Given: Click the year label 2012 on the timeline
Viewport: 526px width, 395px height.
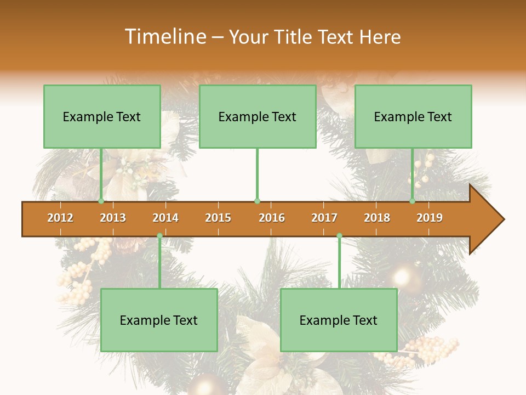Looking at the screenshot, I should click(60, 218).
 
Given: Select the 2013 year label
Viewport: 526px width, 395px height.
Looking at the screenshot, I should click(113, 218).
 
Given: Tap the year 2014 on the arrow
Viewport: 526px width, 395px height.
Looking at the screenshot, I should click(165, 218).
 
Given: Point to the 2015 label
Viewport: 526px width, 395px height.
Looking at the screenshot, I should click(218, 218).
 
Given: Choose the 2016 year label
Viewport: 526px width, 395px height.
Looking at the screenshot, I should click(272, 218).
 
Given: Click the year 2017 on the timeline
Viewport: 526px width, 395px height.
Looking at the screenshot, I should click(324, 218).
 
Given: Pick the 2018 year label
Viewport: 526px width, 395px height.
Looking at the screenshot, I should click(377, 218).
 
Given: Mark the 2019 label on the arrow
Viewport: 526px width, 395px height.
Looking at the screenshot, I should click(430, 218).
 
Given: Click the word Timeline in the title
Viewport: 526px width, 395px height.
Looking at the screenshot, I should click(164, 37).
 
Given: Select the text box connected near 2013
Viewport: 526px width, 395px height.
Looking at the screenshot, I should click(102, 116).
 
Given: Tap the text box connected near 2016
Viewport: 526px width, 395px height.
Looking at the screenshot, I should click(258, 116).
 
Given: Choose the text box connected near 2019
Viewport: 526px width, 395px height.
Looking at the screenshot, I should click(413, 116).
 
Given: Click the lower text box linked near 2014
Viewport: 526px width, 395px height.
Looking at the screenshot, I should click(159, 320).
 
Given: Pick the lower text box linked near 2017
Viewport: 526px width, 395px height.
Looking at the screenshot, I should click(339, 320).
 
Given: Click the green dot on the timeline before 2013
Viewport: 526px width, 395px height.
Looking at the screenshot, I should click(101, 201).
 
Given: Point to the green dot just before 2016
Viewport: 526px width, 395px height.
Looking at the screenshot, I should click(257, 201).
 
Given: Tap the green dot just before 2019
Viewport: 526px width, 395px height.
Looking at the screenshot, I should click(413, 201).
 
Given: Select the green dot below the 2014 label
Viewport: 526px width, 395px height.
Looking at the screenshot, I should click(159, 236).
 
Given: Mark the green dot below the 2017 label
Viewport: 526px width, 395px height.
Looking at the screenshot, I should click(339, 236).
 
